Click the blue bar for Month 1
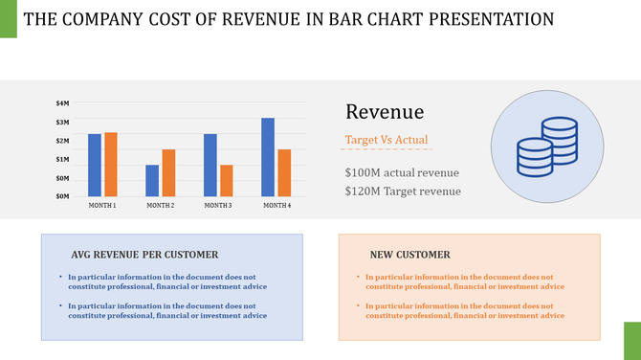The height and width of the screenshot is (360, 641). pos(95,165)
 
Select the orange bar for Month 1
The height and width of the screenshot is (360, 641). pos(111,164)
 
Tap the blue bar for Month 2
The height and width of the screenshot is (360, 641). pos(152,180)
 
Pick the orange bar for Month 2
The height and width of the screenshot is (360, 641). pos(168,172)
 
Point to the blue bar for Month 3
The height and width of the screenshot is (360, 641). pos(210,165)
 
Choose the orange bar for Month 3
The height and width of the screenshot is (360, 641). pos(226,180)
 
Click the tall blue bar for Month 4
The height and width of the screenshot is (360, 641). pos(268,157)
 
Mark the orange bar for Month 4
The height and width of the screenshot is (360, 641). pos(284,172)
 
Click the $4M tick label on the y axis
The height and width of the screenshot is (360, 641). pos(63,102)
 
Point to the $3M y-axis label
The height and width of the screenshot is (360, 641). pos(63,122)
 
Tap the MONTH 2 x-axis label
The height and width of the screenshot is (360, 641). pos(160,206)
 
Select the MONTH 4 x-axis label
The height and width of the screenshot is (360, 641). pos(276,206)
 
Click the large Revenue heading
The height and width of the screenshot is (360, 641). pos(385,112)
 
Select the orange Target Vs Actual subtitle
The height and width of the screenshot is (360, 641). pos(387,141)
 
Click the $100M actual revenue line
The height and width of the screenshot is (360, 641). pos(402,172)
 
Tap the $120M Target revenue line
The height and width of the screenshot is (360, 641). pos(403,191)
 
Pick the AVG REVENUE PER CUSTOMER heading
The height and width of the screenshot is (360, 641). pos(144,255)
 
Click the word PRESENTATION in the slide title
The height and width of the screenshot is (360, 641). pos(489,19)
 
